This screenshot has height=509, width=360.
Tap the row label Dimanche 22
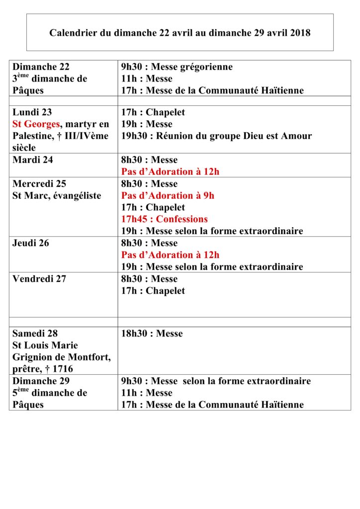click(41, 67)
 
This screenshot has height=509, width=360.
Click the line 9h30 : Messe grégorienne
click(177, 67)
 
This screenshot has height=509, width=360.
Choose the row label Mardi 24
click(33, 160)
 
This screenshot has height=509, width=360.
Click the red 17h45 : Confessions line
click(164, 219)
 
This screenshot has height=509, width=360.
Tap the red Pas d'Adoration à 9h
click(168, 195)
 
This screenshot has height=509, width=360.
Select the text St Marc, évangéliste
click(57, 195)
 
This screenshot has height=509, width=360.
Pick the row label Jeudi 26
click(31, 243)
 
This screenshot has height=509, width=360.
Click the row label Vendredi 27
click(39, 279)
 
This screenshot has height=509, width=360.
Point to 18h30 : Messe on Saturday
click(152, 334)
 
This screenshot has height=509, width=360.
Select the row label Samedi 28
click(35, 334)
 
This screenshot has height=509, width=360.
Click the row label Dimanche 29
click(41, 381)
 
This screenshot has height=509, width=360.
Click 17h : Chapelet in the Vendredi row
click(153, 291)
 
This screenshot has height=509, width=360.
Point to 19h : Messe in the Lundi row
click(147, 124)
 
